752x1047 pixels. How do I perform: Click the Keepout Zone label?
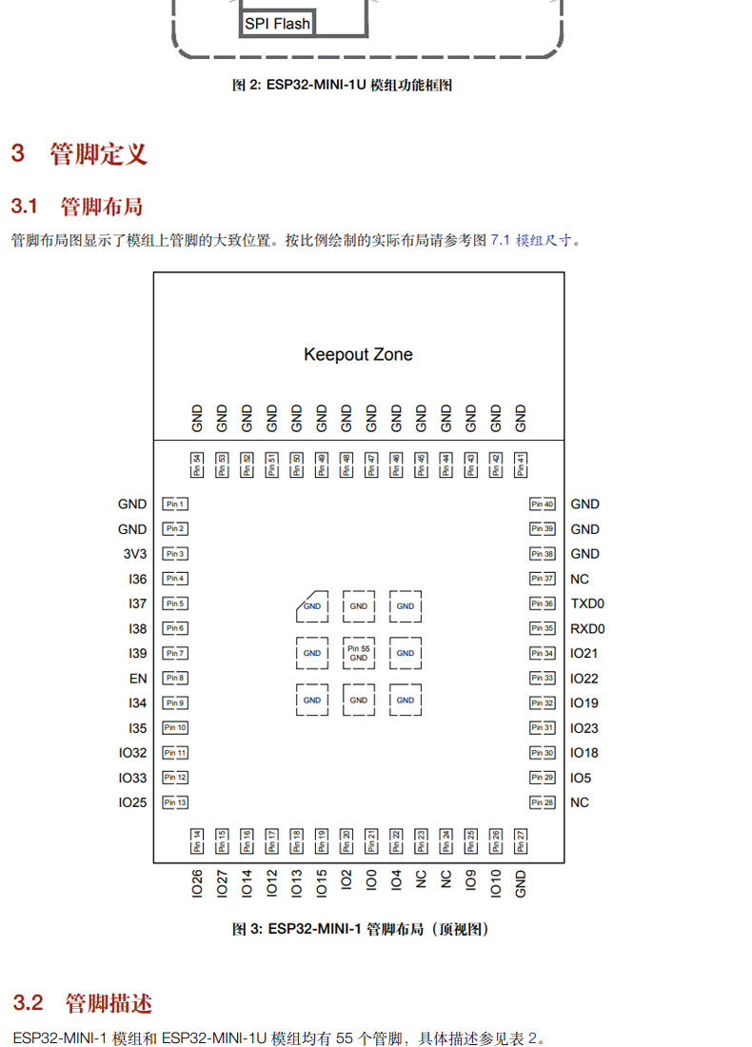tap(358, 355)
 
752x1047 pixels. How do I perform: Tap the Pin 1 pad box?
tap(175, 504)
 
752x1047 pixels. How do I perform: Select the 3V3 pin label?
tap(135, 554)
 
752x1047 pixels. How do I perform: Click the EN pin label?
tap(139, 679)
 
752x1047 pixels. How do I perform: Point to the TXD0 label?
tap(587, 603)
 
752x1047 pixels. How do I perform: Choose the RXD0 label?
tap(587, 629)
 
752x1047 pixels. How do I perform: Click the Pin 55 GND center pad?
tap(358, 653)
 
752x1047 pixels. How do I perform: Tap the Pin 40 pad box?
tap(543, 504)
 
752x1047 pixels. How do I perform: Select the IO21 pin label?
tap(584, 654)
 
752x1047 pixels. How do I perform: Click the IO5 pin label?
tap(581, 778)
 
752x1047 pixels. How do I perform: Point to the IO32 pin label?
tap(133, 753)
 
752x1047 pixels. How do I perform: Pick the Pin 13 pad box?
tap(175, 802)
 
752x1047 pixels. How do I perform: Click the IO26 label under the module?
tap(197, 882)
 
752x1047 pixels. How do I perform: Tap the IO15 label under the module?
tap(322, 882)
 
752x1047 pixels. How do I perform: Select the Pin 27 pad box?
tap(521, 840)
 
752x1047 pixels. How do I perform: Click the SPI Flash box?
tap(277, 24)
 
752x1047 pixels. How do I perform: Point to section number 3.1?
tap(24, 207)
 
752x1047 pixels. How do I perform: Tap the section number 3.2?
tap(29, 1003)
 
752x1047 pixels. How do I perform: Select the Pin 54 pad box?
tap(197, 464)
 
